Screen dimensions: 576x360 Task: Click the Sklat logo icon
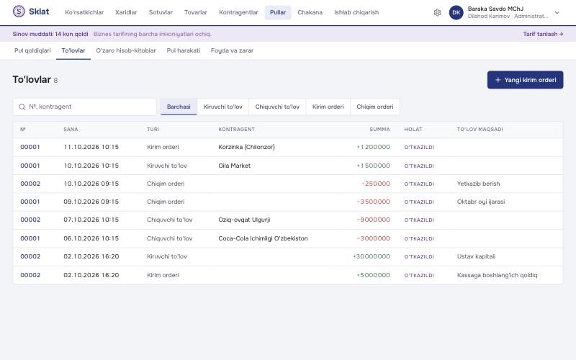[19, 12]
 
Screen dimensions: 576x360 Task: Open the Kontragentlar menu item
[238, 12]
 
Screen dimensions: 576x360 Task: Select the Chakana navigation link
[310, 12]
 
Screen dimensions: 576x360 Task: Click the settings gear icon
[437, 12]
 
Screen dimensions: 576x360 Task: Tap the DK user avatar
[456, 12]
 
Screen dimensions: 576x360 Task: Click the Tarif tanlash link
[543, 34]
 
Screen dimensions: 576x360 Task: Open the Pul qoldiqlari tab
[32, 50]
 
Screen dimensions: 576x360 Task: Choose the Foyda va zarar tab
[232, 50]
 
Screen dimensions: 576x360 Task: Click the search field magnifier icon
[22, 107]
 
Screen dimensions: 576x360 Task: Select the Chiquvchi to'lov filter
[277, 107]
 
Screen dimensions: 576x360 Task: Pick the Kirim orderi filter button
[328, 107]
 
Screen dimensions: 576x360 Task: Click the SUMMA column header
[379, 130]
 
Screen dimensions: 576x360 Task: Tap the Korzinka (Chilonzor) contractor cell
[246, 147]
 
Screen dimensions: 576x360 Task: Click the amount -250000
[375, 184]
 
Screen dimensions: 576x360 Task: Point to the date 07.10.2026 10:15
[91, 220]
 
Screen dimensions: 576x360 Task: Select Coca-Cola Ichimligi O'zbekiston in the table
[263, 238]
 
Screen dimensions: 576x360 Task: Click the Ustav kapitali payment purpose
[476, 256]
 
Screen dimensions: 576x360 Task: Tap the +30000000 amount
[371, 256]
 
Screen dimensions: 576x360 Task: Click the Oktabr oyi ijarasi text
[481, 202]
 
